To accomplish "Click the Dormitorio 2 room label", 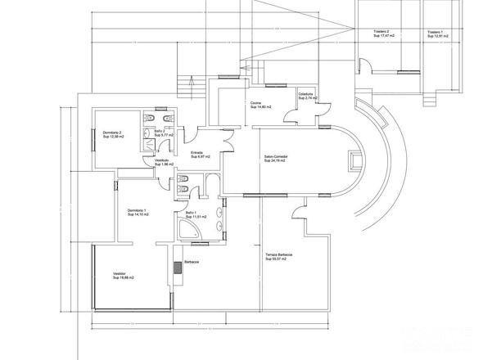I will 112,134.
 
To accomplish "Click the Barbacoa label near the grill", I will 192,262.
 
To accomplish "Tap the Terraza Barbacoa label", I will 279,257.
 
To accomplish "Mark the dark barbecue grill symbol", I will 178,267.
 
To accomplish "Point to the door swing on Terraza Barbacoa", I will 300,215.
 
